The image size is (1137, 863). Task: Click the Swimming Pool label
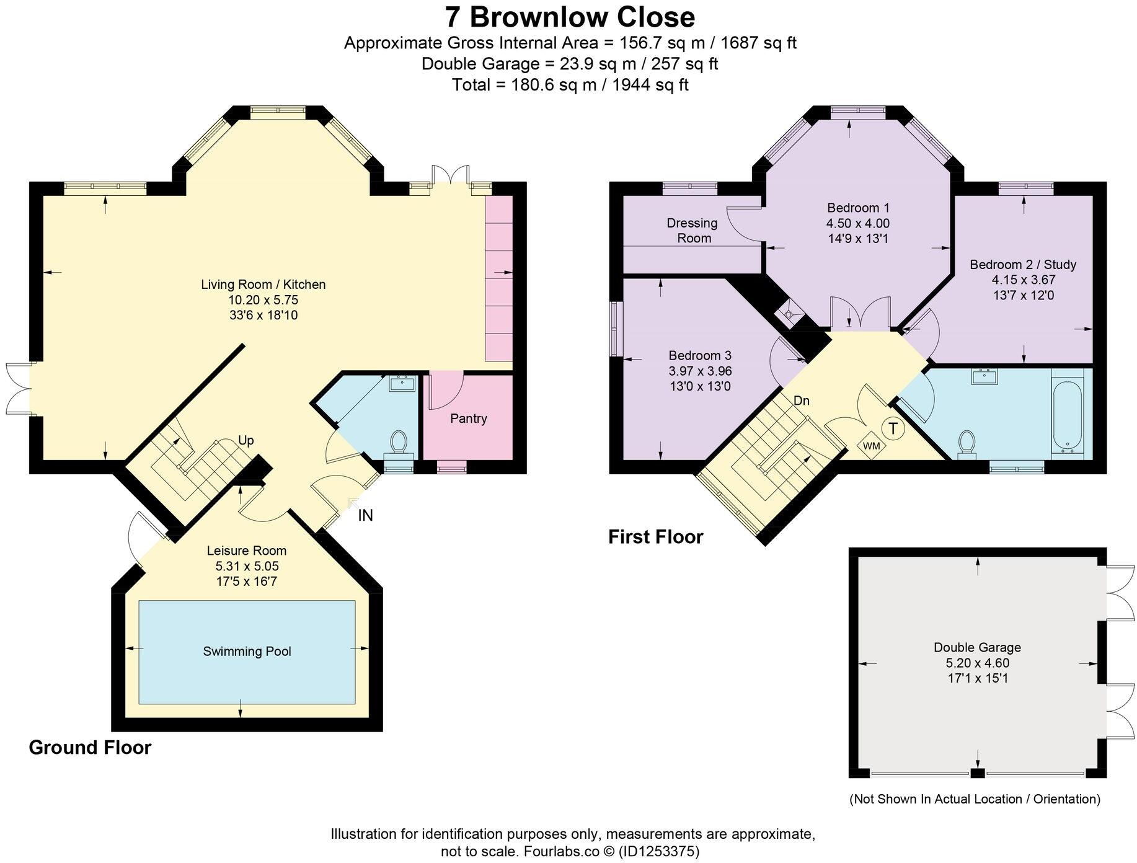(x=247, y=652)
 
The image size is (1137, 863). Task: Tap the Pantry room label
(x=468, y=418)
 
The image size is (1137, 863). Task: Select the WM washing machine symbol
(x=871, y=445)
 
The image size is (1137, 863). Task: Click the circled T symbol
(x=893, y=428)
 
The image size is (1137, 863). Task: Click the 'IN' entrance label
(x=365, y=515)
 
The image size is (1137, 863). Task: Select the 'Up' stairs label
(x=246, y=441)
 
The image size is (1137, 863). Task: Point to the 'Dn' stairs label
(x=802, y=401)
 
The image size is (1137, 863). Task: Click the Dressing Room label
(x=692, y=231)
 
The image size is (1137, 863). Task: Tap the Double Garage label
(x=977, y=647)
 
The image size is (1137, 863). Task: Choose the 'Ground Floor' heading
(x=90, y=748)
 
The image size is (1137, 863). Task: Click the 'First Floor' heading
(x=655, y=537)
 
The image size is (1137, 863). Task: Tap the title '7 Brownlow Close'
(x=570, y=17)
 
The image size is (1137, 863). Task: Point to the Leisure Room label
(x=247, y=551)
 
